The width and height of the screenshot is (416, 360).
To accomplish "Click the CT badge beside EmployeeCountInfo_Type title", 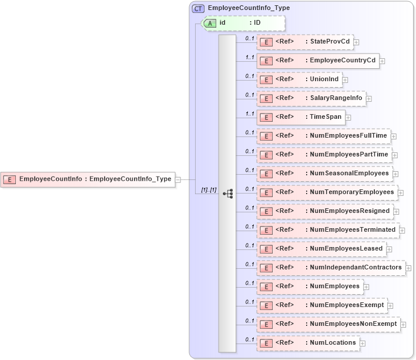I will coord(198,8).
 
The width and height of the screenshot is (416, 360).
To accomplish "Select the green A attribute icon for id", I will coord(210,23).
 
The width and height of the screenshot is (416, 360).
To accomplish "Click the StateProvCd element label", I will coord(330,42).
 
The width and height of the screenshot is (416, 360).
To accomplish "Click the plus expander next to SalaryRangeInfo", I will coord(369,98).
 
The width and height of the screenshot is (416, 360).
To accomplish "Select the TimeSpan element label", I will coord(326,117).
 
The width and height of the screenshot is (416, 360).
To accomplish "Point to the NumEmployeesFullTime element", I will coord(323,136).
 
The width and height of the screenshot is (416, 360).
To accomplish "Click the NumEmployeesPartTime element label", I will coord(348,155).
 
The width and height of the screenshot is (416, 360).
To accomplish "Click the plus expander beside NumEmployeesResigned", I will coord(396,211).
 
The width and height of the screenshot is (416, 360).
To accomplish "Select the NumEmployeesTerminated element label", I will coord(352,230).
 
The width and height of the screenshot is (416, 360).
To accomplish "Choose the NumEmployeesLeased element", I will coord(321,249).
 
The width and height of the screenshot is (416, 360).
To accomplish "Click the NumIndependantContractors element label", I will coord(355,268).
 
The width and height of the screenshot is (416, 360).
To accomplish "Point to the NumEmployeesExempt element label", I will coord(346,305).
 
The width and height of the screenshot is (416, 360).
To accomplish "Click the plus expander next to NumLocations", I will coord(363,343).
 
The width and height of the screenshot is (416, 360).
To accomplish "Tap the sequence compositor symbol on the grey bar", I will coord(228,193).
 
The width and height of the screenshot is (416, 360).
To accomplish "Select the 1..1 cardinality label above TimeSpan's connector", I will coord(250,114).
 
